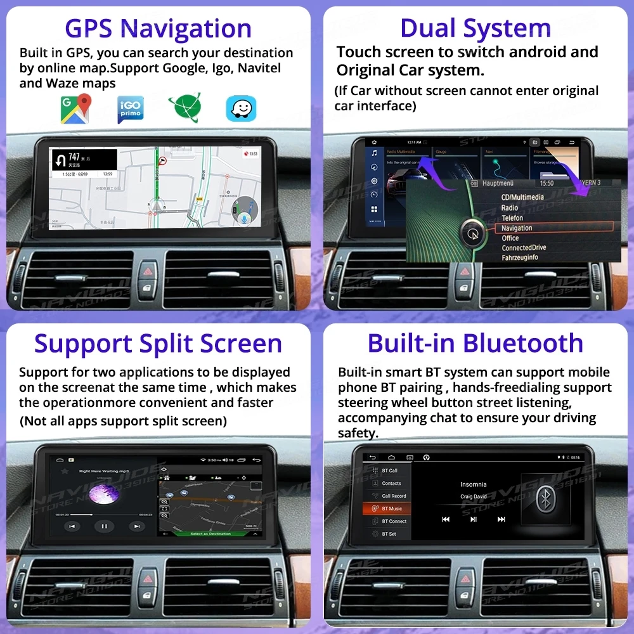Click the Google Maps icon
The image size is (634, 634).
pos(75,108)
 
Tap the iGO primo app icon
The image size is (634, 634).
pos(131,109)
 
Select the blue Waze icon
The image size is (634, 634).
pos(241,108)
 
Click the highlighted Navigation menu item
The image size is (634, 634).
pos(517,228)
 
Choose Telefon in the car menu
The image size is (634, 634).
pos(512,217)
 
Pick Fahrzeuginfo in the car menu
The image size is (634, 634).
pos(520,257)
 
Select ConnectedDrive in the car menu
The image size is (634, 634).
pos(524,248)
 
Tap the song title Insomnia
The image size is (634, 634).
pos(473,484)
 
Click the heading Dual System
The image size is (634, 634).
pos(475,29)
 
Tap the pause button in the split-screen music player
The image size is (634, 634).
pos(104,526)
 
